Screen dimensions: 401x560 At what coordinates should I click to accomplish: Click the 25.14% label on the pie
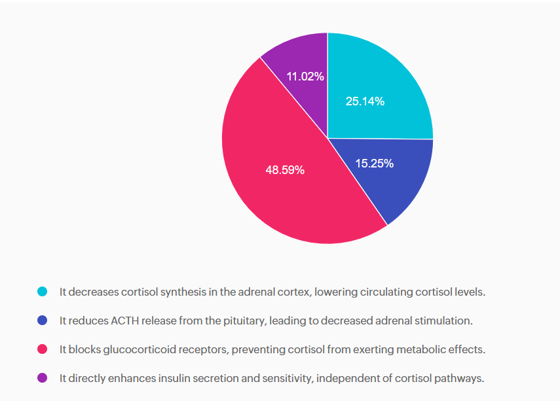(365, 101)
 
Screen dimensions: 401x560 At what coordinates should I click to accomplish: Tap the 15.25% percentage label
(374, 164)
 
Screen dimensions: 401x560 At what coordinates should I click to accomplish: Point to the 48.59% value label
(285, 170)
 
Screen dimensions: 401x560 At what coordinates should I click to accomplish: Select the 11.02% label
(305, 77)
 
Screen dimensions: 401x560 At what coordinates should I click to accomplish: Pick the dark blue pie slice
(393, 180)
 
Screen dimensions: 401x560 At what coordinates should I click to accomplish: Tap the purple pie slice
(298, 56)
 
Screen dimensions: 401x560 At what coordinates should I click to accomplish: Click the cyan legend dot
(43, 292)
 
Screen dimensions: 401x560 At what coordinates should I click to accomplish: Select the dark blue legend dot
(43, 321)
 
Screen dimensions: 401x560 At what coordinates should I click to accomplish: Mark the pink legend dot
(43, 349)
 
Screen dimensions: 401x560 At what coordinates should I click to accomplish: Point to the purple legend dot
(43, 378)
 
